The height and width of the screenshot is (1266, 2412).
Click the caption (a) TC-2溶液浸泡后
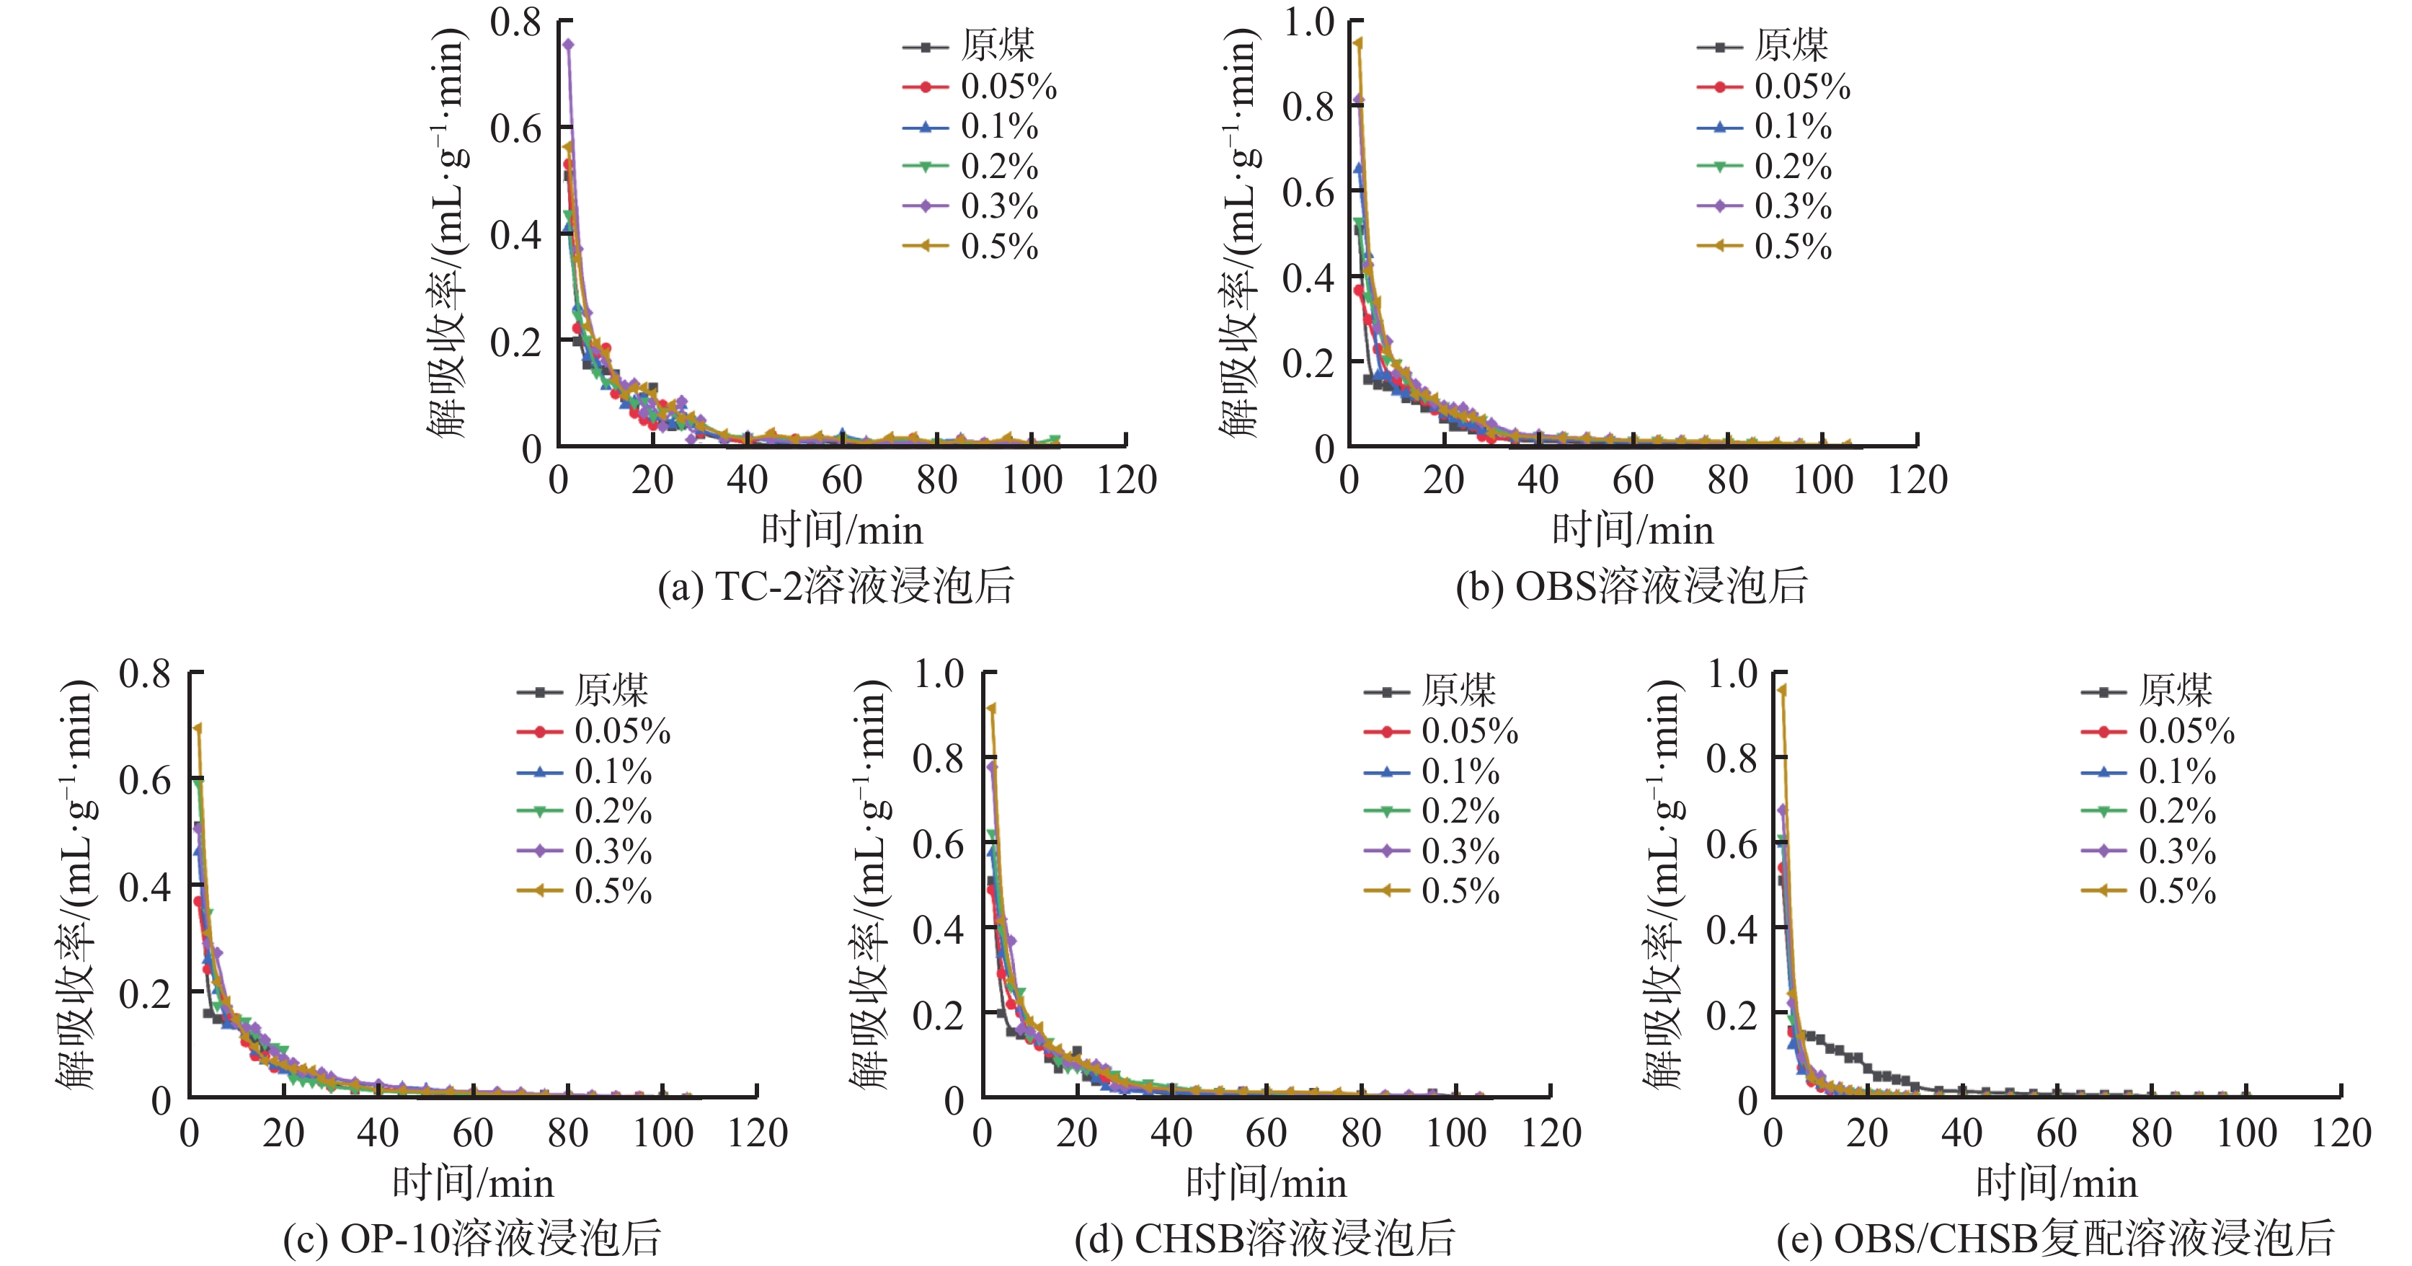point(835,586)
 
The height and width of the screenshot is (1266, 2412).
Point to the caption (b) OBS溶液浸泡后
point(1631,586)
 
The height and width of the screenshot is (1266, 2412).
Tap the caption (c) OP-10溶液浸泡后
point(472,1238)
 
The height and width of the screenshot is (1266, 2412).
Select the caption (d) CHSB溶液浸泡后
point(1265,1238)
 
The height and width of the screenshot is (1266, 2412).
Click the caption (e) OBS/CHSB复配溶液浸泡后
point(2055,1238)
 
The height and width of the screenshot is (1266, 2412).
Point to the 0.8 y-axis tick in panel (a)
point(516,22)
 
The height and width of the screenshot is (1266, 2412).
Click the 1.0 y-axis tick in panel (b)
point(1308,22)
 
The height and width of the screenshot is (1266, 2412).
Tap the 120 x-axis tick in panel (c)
point(758,1133)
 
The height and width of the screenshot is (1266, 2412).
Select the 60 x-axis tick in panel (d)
point(1266,1133)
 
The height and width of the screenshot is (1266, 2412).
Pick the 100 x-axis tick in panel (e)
point(2246,1133)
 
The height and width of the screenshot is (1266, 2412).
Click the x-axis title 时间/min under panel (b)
point(1633,530)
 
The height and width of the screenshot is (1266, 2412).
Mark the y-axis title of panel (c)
point(77,885)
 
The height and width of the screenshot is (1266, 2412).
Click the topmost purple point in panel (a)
point(567,44)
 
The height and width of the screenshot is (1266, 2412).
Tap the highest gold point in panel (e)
point(1782,690)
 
